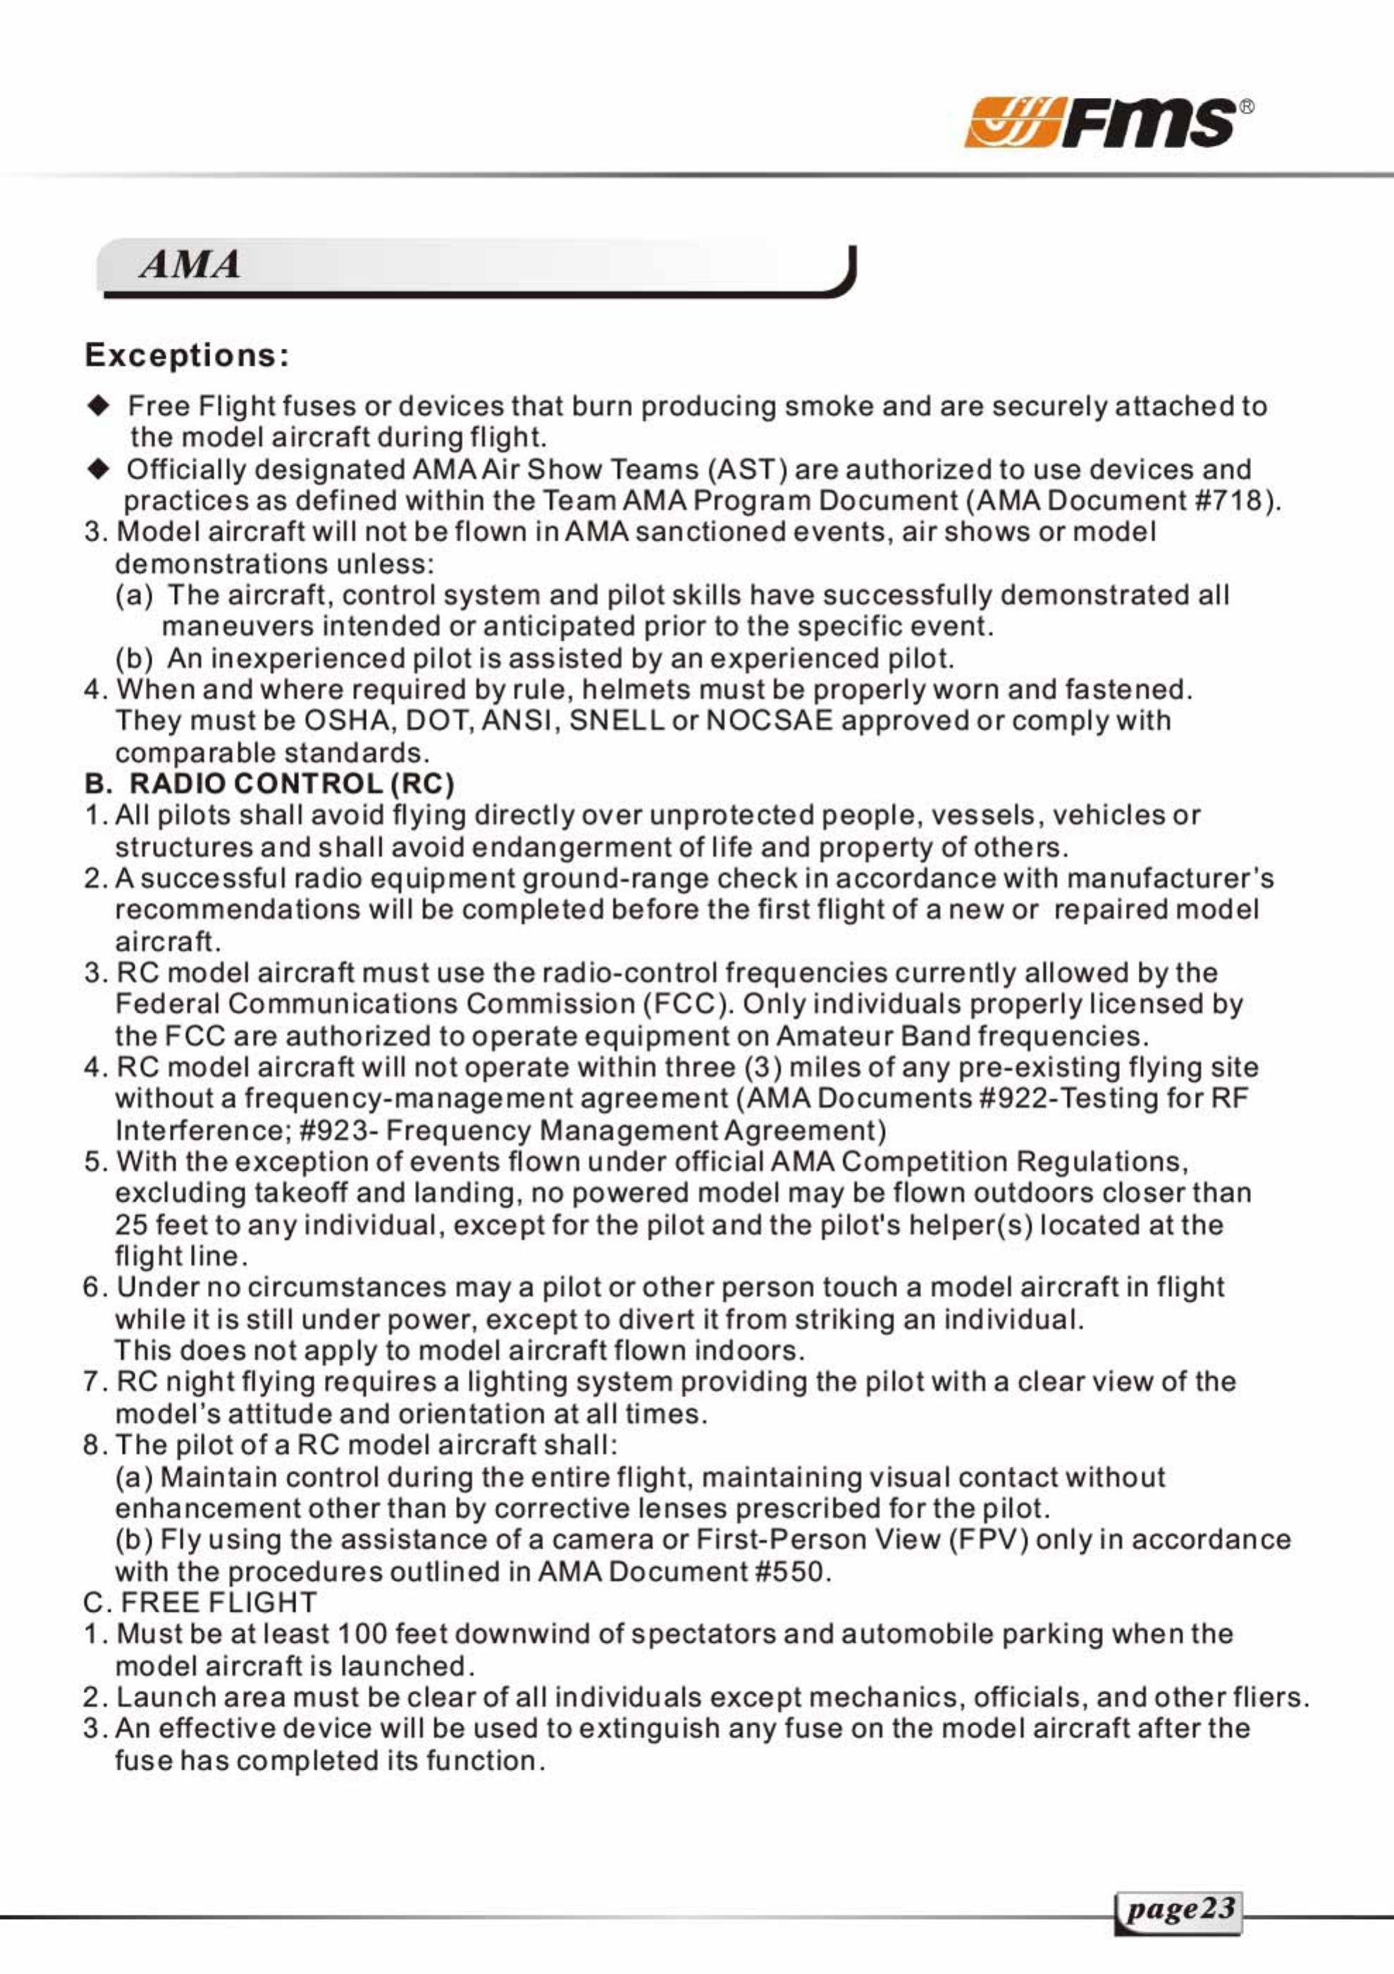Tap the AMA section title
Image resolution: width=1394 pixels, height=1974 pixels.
(x=190, y=264)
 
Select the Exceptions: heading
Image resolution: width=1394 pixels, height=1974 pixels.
(x=187, y=355)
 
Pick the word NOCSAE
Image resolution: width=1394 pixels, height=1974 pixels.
(x=769, y=721)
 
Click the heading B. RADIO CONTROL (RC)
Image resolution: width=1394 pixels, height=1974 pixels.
(x=269, y=784)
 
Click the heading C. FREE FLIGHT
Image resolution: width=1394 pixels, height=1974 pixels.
(x=200, y=1603)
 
